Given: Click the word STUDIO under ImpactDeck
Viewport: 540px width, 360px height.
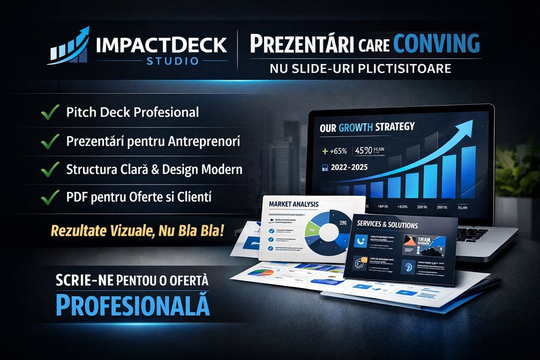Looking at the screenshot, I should tap(172, 60).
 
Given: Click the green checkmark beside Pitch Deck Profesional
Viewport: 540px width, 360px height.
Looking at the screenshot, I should tap(50, 113).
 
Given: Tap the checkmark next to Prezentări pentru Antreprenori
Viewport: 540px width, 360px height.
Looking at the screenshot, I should tap(50, 141).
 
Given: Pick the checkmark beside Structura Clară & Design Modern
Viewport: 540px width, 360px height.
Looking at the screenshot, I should tap(50, 169).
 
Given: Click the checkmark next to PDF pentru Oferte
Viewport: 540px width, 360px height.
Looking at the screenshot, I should tap(50, 197).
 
